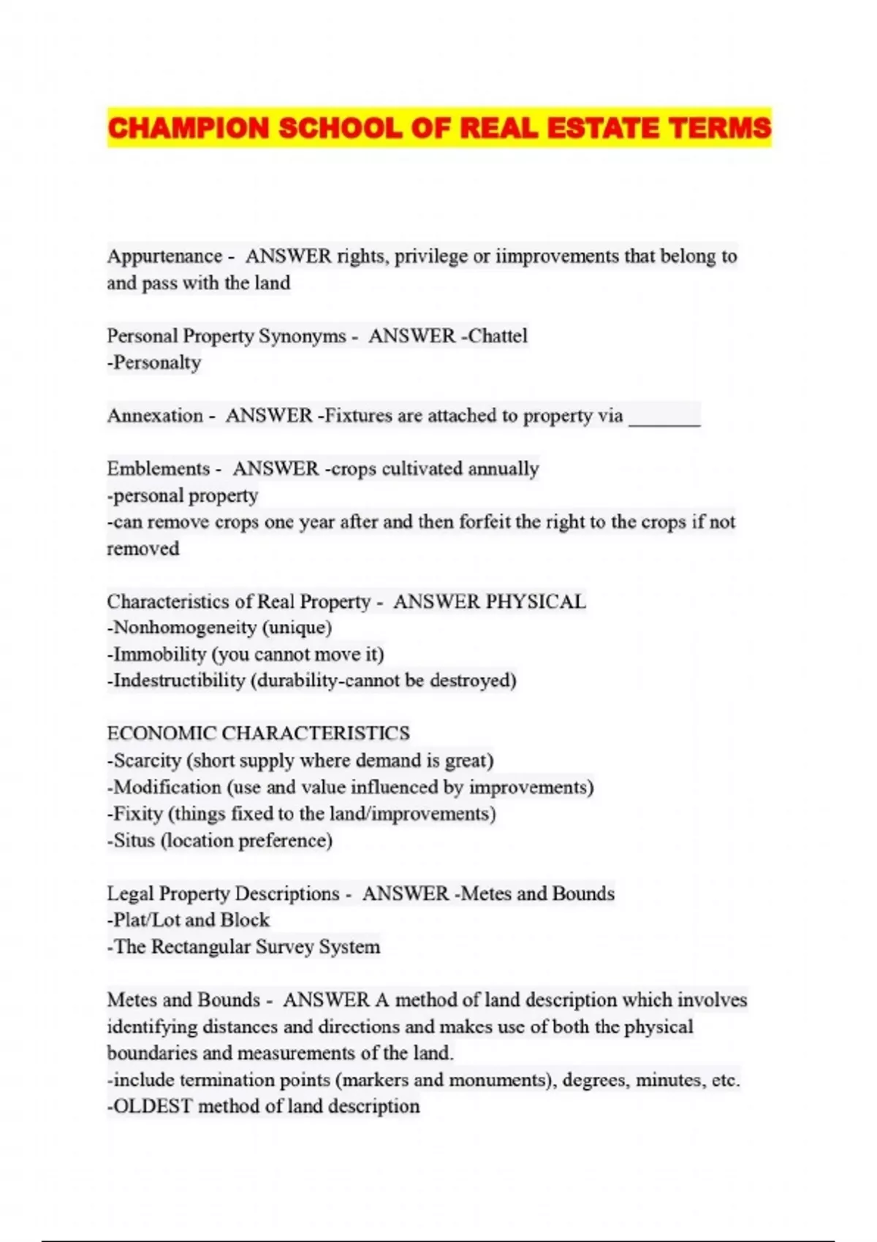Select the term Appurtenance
tap(164, 256)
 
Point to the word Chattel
tap(498, 336)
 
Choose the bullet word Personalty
tap(156, 362)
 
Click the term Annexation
tap(155, 416)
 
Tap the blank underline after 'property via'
tap(664, 417)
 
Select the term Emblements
tap(158, 468)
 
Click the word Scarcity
tap(147, 761)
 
